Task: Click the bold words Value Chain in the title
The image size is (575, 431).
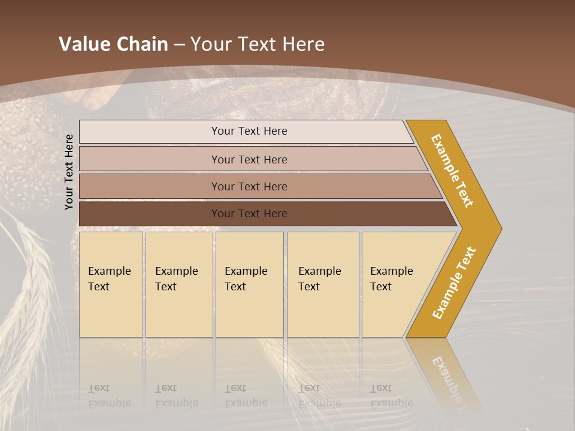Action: [x=113, y=44]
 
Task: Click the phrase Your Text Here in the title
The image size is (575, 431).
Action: [x=258, y=44]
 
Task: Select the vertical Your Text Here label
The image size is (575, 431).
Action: [x=69, y=172]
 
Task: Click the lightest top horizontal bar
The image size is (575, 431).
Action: [x=249, y=131]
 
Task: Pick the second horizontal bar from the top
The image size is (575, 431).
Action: [x=249, y=159]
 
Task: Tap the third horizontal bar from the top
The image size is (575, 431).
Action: [x=249, y=186]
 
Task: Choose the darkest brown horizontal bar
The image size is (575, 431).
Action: [x=249, y=214]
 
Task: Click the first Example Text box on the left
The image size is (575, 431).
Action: [x=111, y=284]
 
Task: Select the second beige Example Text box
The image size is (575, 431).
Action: [x=178, y=284]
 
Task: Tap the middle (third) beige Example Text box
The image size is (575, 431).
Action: [x=249, y=284]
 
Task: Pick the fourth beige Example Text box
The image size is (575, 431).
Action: [x=323, y=284]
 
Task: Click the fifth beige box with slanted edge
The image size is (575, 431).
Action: [x=395, y=284]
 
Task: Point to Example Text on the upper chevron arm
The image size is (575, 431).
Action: [x=452, y=171]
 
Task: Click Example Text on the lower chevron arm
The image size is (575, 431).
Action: [x=454, y=283]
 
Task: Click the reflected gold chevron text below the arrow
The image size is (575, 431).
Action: [x=446, y=377]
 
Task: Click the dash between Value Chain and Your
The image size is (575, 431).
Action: [x=179, y=45]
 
